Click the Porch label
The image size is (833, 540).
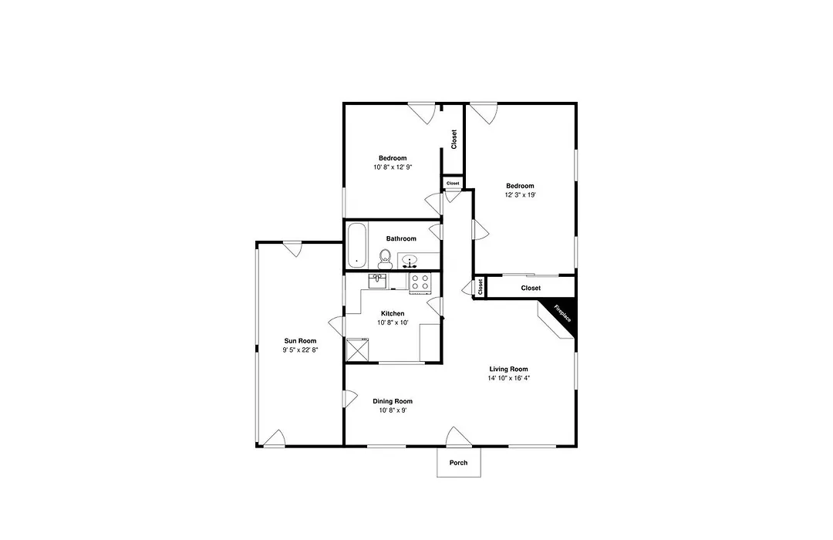point(458,463)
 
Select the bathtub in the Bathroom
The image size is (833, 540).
point(356,245)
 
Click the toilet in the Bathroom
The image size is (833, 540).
point(385,259)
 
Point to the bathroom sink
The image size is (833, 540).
point(409,261)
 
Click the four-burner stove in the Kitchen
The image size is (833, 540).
point(420,282)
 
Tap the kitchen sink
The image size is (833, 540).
point(378,281)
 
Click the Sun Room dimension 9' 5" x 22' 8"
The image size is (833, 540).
point(300,349)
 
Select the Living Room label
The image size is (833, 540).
point(508,369)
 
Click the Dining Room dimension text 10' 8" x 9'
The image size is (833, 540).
point(393,410)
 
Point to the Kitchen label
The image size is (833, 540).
point(393,313)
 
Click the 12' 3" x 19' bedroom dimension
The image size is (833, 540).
point(520,195)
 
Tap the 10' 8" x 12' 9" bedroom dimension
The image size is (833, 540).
point(393,167)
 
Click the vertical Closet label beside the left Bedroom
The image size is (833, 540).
point(454,140)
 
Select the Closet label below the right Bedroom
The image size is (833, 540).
point(531,288)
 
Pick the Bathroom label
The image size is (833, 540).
point(401,238)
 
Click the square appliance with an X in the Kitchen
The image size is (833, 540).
point(358,349)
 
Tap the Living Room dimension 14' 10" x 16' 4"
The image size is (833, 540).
point(509,379)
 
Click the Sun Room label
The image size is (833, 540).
point(300,341)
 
